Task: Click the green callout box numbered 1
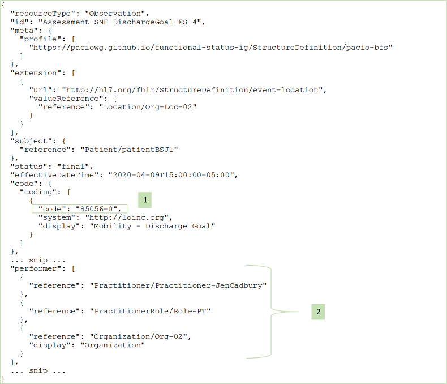click(x=145, y=200)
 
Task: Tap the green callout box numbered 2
click(x=318, y=312)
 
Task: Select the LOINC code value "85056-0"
click(x=97, y=209)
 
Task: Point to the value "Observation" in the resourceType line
click(x=115, y=14)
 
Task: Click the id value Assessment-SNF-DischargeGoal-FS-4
click(x=120, y=22)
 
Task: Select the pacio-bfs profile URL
click(x=211, y=48)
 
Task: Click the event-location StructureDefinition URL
click(x=192, y=90)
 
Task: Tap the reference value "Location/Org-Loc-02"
click(x=148, y=107)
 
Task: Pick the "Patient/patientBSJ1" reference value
click(x=129, y=150)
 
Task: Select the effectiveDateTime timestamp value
click(x=171, y=175)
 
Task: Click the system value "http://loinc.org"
click(x=127, y=217)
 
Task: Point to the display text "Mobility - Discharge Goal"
click(x=153, y=226)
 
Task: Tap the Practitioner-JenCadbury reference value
click(x=178, y=285)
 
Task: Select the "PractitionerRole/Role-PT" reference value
click(x=151, y=311)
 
